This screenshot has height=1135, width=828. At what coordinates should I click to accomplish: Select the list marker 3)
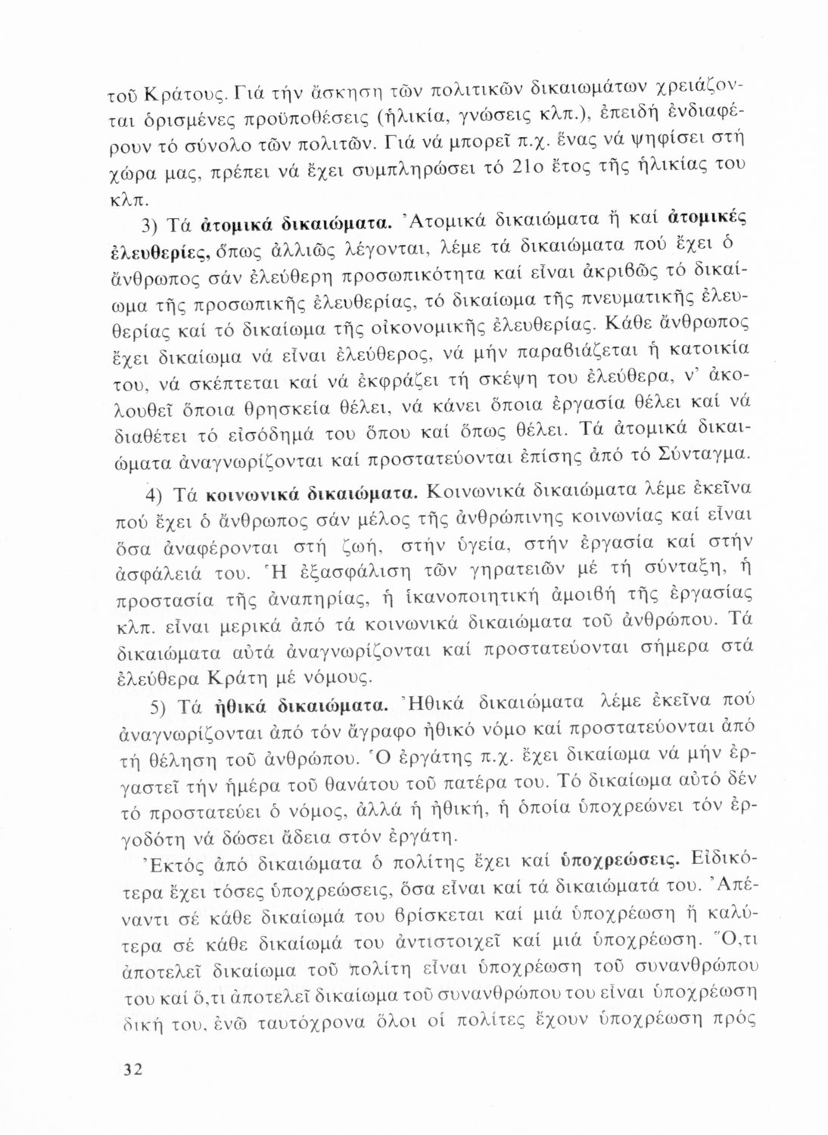(x=154, y=225)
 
